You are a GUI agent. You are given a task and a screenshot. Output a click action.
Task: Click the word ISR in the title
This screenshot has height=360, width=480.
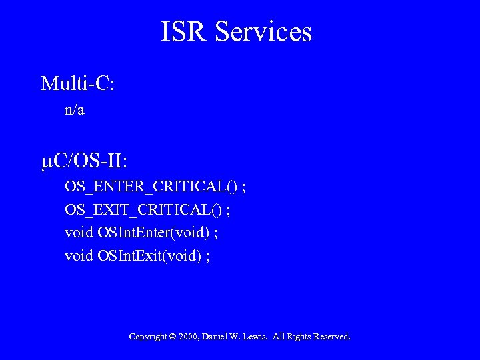tap(185, 32)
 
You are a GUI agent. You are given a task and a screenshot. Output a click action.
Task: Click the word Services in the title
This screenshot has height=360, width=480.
tap(263, 32)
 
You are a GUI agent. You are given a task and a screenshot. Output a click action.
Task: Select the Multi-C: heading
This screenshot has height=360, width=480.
tap(78, 84)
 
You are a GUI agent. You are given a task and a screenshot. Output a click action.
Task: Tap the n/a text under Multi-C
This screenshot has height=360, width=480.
tap(75, 110)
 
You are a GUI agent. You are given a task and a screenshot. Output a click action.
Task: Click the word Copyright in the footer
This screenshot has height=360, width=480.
tap(148, 337)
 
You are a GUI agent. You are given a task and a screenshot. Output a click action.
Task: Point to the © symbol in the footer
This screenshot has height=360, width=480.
tap(173, 337)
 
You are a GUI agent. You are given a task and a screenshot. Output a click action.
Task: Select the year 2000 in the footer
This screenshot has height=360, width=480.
tap(188, 337)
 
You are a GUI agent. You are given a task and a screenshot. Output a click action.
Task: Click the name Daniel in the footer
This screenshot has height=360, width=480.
tap(215, 337)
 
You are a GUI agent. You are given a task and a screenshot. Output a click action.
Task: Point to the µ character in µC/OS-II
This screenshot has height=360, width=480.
tap(47, 162)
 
